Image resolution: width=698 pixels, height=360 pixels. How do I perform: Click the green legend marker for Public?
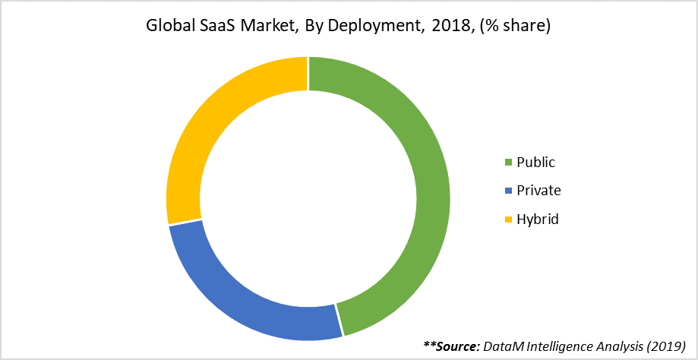(508, 163)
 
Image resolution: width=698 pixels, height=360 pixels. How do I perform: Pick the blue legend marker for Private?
(508, 191)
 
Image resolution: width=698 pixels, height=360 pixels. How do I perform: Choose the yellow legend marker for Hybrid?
(508, 219)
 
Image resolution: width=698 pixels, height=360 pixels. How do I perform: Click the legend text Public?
(535, 163)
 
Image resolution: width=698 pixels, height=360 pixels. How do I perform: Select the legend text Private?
(539, 191)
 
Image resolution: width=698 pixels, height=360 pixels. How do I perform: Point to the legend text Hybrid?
(538, 219)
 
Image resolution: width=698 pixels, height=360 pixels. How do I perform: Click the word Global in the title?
(167, 27)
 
